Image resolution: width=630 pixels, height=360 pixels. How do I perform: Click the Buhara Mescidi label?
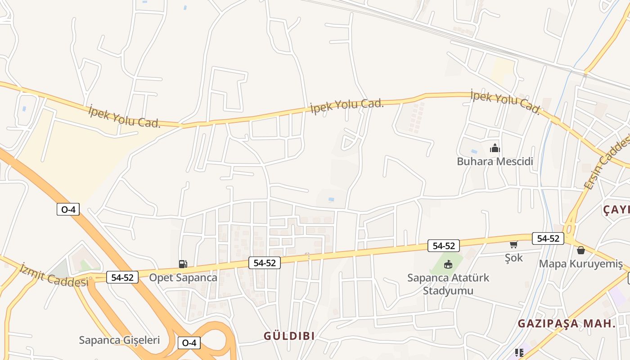(495, 161)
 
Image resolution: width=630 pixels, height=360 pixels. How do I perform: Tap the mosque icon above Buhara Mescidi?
(495, 148)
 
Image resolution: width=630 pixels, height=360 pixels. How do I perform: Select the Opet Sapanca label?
(183, 277)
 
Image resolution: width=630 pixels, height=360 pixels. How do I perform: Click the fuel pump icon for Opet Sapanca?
(183, 264)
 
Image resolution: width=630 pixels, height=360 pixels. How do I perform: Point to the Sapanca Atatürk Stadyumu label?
(448, 283)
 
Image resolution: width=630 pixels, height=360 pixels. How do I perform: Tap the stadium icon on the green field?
(448, 264)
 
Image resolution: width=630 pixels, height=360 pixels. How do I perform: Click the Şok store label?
(513, 257)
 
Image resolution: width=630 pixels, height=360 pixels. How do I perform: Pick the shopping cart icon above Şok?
(513, 244)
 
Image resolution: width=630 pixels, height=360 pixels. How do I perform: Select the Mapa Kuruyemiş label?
(580, 264)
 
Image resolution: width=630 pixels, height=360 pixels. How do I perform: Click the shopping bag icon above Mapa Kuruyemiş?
(580, 250)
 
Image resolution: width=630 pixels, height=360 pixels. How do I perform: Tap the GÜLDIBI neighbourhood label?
(289, 336)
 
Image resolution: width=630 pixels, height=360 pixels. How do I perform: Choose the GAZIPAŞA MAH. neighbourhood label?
(566, 323)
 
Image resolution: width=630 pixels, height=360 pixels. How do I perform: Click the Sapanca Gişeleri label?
(119, 340)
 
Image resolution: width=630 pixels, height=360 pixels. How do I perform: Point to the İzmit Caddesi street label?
(54, 275)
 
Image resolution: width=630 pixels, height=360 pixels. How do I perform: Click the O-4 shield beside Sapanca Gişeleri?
(189, 343)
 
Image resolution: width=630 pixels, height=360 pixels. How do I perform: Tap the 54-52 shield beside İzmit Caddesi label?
(122, 277)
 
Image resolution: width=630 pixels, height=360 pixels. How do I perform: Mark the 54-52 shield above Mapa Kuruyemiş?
(548, 238)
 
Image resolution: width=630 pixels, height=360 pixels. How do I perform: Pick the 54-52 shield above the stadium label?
(443, 246)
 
